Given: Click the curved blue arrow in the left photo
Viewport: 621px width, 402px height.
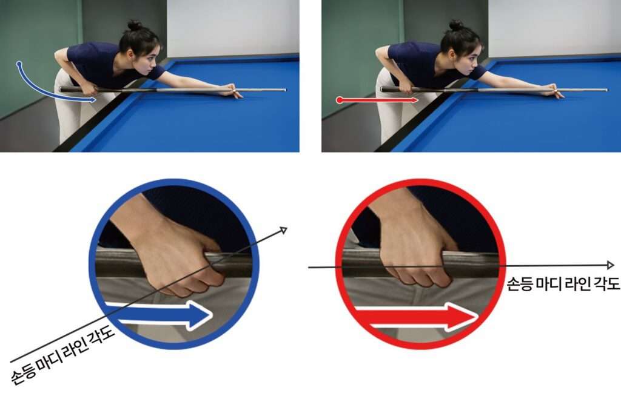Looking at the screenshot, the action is click(x=36, y=90).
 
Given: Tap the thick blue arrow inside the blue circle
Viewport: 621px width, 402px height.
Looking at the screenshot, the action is click(x=158, y=315).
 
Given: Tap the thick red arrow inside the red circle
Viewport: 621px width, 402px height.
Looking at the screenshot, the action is click(x=416, y=316).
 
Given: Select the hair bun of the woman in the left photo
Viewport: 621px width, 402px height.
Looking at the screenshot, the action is click(x=135, y=25).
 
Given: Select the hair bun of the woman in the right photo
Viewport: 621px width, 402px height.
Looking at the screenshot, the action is click(x=456, y=25).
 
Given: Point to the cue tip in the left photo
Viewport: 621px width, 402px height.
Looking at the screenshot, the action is click(x=285, y=90).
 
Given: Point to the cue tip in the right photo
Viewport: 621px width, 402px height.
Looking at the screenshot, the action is click(x=606, y=90).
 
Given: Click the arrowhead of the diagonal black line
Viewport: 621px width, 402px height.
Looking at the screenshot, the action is click(x=283, y=229).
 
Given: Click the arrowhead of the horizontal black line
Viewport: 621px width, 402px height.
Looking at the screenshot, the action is click(x=611, y=265).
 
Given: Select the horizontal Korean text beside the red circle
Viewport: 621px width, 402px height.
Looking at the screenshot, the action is click(x=563, y=283).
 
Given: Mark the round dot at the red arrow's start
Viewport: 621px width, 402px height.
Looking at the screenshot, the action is click(x=340, y=100).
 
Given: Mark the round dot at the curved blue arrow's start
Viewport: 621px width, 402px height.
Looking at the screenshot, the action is click(x=19, y=63).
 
